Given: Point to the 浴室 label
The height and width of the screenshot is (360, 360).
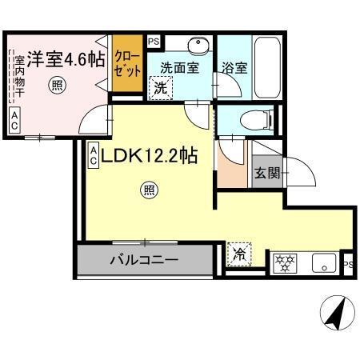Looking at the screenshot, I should [x=235, y=68].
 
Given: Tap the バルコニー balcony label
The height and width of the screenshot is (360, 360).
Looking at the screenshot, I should [x=144, y=259].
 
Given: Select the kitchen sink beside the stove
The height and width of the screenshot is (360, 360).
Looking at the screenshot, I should [x=323, y=261].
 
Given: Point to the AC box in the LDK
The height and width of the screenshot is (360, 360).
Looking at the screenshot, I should [x=94, y=155].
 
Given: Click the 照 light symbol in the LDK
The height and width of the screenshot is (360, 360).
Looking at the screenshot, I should [x=148, y=190].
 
